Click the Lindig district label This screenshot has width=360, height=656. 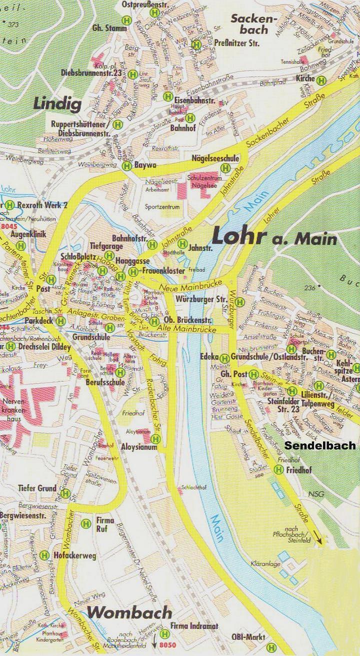tap(56, 104)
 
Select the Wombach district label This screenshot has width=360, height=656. tap(129, 613)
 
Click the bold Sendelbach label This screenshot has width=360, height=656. tap(319, 445)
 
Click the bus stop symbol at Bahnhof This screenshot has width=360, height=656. tap(190, 118)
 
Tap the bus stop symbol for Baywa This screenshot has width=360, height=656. tap(126, 165)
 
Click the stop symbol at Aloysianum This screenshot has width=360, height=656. tap(156, 439)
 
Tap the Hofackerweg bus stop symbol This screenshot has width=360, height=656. tap(44, 555)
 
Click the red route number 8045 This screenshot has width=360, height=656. tap(9, 226)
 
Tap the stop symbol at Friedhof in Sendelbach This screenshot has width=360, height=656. tap(279, 469)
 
